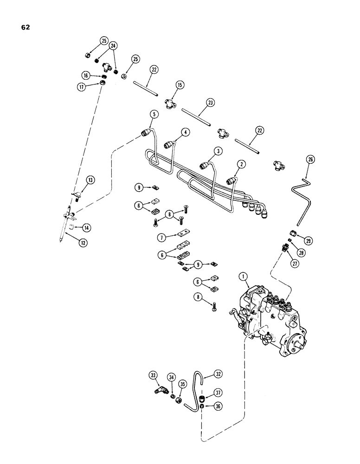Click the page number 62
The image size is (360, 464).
(x=25, y=27)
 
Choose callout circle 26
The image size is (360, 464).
(x=310, y=161)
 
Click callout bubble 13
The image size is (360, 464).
(x=90, y=180)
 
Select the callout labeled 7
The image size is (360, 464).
(x=161, y=237)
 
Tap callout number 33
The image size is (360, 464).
(x=153, y=375)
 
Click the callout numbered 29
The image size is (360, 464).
(x=306, y=240)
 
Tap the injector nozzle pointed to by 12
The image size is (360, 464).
(x=64, y=223)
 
